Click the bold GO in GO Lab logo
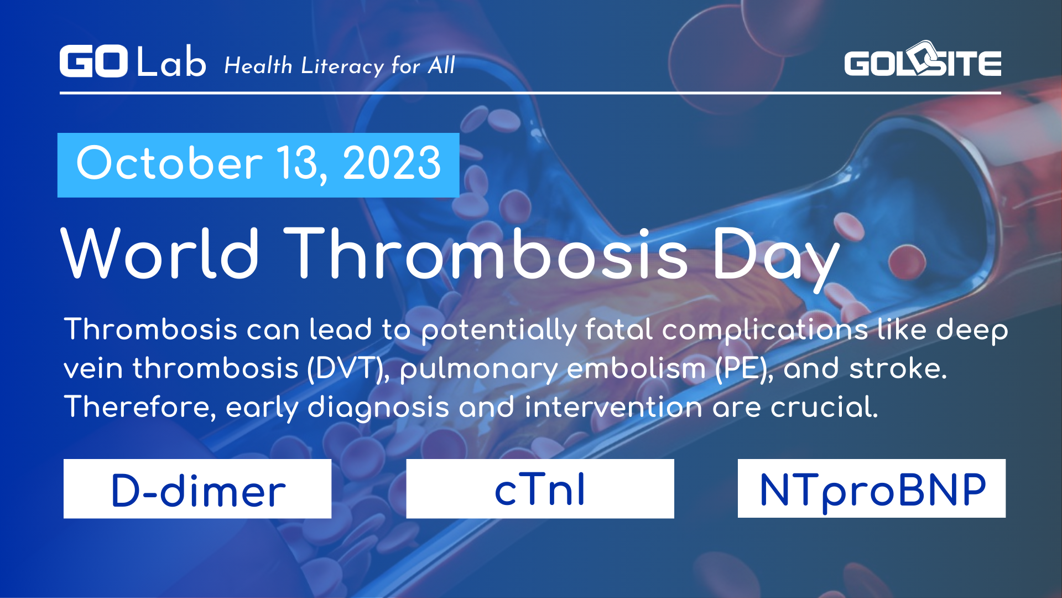tap(93, 61)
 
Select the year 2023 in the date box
tap(392, 163)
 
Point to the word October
tap(169, 163)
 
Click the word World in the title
tap(160, 254)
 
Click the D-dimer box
tap(197, 489)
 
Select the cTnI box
tap(540, 489)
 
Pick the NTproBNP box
tap(871, 489)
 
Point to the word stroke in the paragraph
tap(897, 369)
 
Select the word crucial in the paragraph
tap(824, 408)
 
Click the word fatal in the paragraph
tap(619, 330)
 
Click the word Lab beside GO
tap(171, 62)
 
